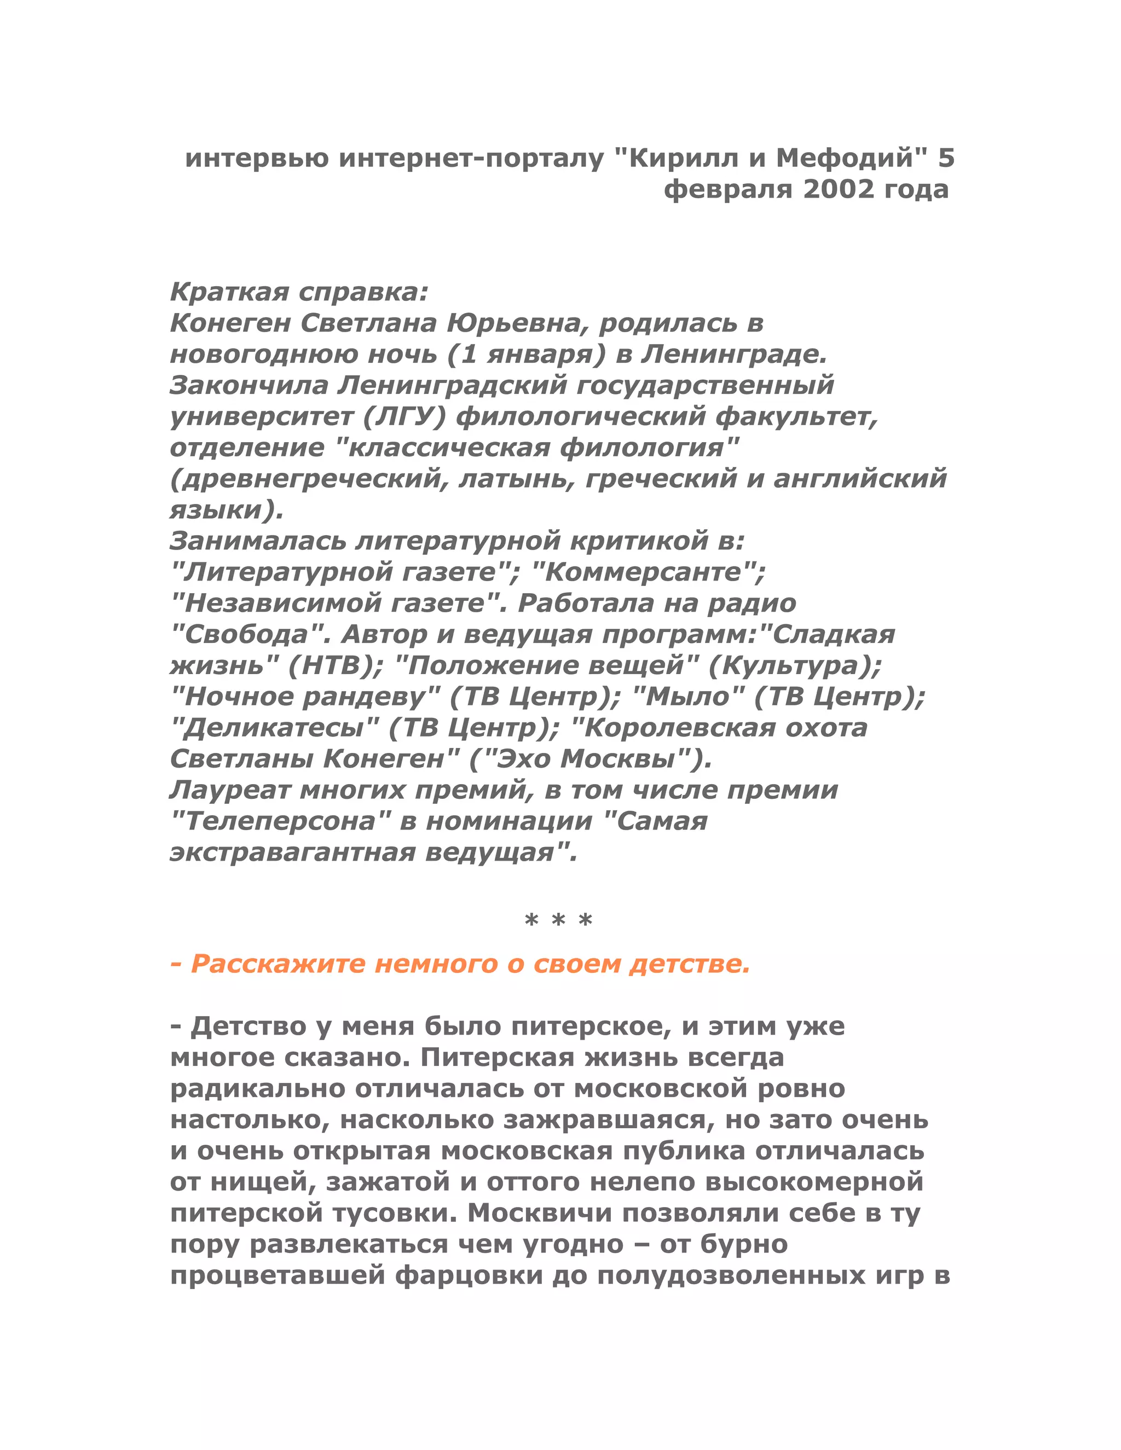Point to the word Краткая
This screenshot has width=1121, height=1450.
tap(228, 292)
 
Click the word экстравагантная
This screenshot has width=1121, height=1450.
tap(292, 852)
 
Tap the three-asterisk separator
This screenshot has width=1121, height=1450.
tap(558, 921)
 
